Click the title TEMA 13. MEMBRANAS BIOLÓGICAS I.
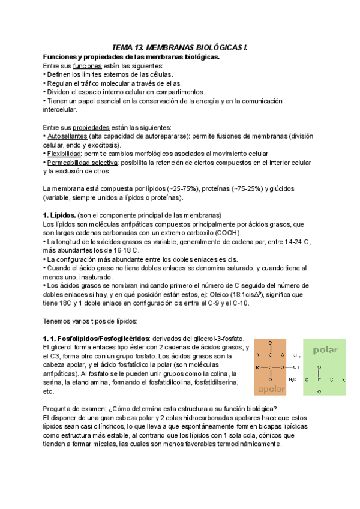180,47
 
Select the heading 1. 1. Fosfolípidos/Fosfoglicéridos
95,339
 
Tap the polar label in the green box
325,350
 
